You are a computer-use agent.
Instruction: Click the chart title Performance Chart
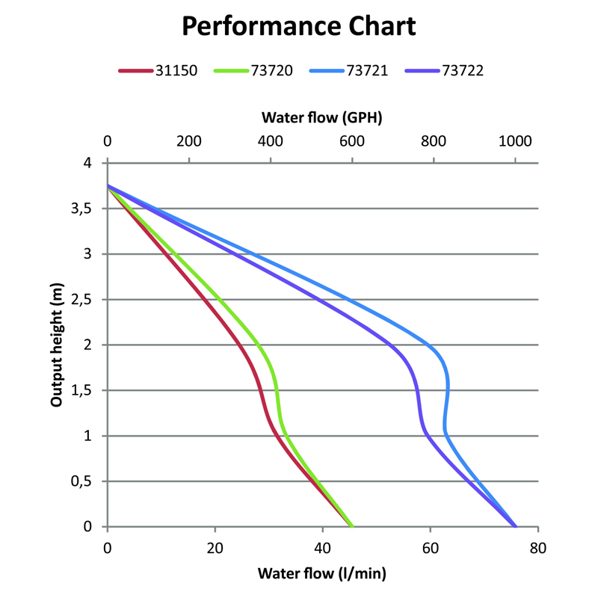299,26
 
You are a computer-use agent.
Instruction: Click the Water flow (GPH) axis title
322,117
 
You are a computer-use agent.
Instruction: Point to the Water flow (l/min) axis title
322,574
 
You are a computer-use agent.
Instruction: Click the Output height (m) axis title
56,345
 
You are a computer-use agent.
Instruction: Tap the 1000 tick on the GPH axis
514,141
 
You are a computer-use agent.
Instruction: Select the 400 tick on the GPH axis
270,141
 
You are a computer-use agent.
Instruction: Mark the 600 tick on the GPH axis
351,141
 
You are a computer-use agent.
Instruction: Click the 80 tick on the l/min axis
537,547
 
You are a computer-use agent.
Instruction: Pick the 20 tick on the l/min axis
215,547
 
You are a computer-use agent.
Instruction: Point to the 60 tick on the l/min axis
431,547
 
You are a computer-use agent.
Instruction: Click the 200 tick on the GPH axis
188,141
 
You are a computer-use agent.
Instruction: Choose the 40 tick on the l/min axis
323,547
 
